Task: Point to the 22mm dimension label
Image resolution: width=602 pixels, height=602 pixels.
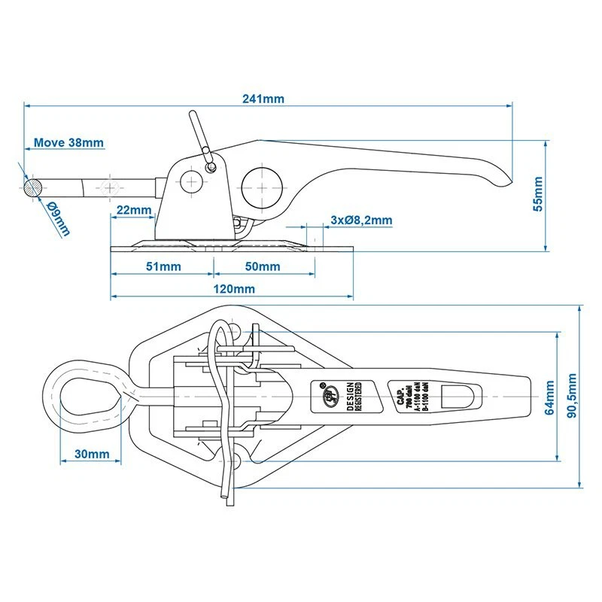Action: click(133, 209)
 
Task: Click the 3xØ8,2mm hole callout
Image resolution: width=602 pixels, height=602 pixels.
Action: click(361, 220)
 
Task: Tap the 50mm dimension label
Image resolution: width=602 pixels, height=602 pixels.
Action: click(263, 266)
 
